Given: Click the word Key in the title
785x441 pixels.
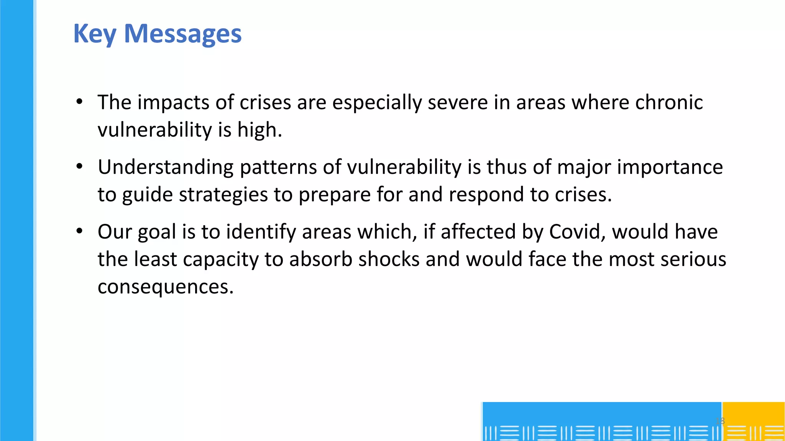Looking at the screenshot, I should tap(94, 34).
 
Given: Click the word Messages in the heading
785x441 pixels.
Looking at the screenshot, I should tap(183, 34).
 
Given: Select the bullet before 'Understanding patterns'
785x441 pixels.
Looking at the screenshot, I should tap(79, 167).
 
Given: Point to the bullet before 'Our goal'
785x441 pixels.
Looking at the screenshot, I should tap(79, 231).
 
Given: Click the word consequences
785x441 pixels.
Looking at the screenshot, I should tap(165, 286).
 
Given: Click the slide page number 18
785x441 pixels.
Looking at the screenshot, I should tap(720, 421).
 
